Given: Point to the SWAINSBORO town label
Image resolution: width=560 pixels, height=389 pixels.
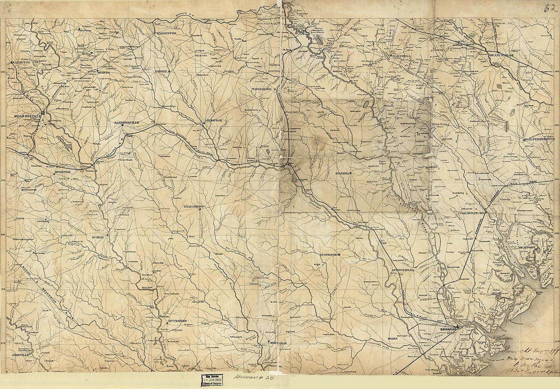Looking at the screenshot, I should tap(193, 207).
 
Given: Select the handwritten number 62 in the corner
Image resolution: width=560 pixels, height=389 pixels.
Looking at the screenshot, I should tap(550, 8).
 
